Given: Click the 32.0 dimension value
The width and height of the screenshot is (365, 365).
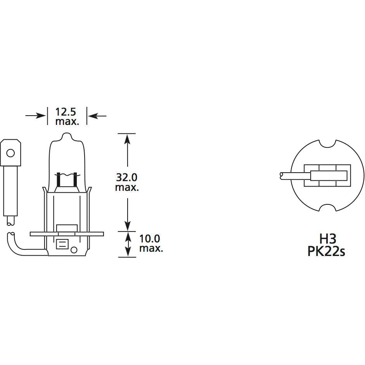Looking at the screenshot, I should (x=127, y=178).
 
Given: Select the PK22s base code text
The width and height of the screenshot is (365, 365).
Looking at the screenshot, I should (x=326, y=252).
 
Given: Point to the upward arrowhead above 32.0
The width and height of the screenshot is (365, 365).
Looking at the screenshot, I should (x=127, y=139).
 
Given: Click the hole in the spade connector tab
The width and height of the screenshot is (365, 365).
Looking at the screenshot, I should (x=11, y=153).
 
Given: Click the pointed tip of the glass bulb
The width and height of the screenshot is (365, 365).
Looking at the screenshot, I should (x=67, y=135).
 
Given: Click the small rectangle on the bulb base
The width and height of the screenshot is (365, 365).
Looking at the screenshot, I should (x=62, y=244).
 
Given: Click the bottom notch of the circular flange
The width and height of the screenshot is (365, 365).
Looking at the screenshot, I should (x=326, y=209).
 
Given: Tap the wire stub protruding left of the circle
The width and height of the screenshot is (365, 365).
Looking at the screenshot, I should (x=289, y=176).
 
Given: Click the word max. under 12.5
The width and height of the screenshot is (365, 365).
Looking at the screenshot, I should (x=67, y=121).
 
